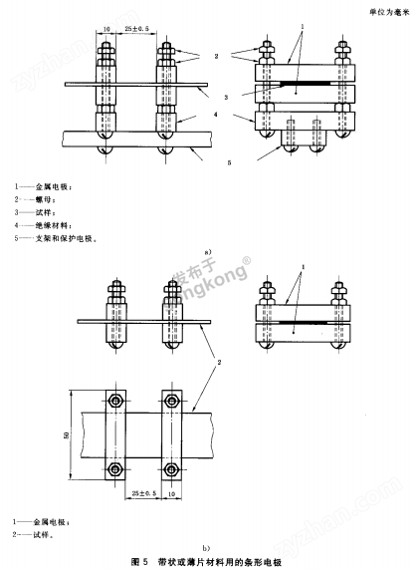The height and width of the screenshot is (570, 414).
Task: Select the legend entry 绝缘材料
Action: click(x=50, y=225)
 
